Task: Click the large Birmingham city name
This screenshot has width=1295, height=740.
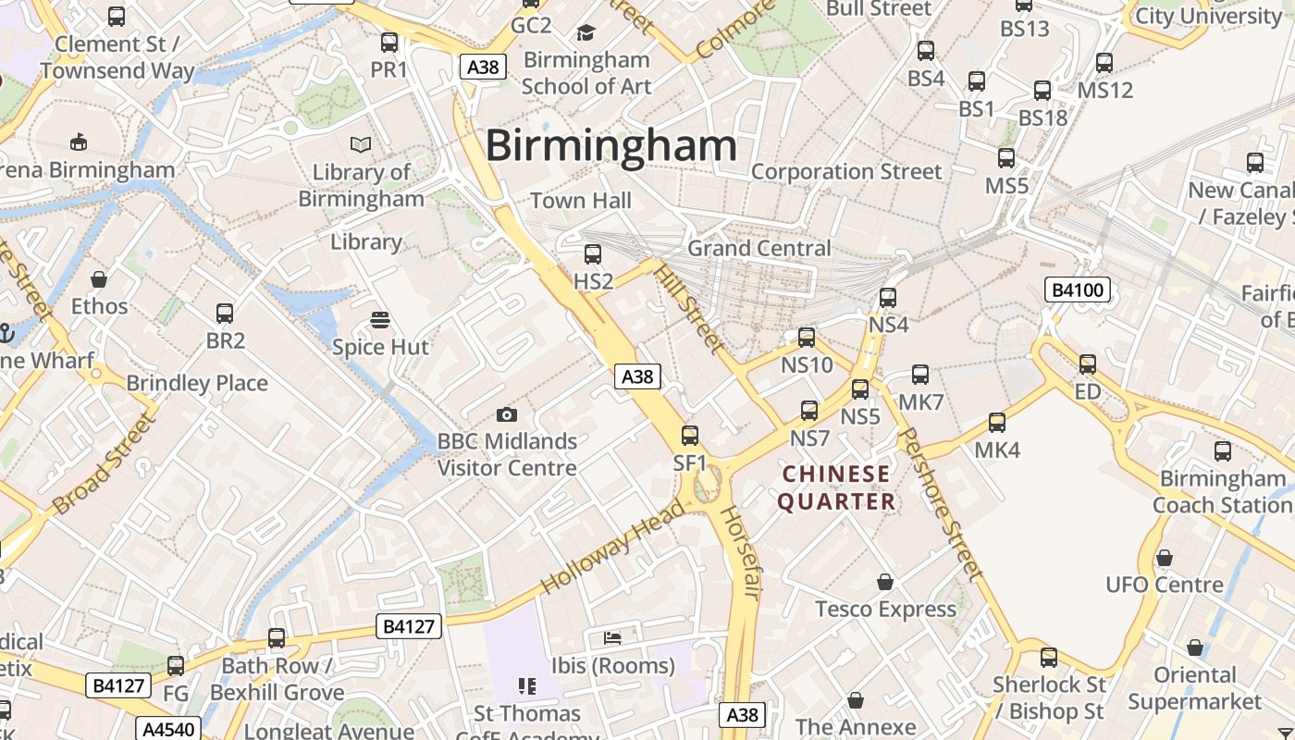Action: point(610,146)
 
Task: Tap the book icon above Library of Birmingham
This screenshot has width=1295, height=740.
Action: point(360,144)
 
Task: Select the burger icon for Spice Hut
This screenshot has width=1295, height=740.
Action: point(379,320)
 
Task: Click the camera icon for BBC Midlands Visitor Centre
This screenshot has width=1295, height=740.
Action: point(506,414)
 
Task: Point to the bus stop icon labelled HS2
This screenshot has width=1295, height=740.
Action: point(593,253)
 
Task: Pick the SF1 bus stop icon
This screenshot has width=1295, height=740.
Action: point(690,436)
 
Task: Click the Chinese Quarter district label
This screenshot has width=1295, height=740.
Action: point(836,487)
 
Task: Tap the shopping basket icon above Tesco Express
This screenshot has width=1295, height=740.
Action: point(885,582)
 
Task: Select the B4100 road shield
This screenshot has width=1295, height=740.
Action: point(1077,290)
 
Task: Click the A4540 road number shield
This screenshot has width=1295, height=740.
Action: point(168,728)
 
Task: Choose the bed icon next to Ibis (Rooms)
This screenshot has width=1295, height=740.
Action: point(612,637)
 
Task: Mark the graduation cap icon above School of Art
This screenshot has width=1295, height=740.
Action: point(586,33)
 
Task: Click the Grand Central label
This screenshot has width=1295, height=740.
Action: point(758,248)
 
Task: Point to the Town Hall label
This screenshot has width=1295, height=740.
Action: point(581,201)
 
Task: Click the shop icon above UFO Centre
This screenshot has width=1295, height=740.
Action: point(1165,558)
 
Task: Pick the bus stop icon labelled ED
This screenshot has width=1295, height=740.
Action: point(1088,364)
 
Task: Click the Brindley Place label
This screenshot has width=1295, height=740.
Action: point(197,383)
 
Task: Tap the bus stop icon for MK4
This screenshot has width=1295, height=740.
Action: point(997,423)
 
